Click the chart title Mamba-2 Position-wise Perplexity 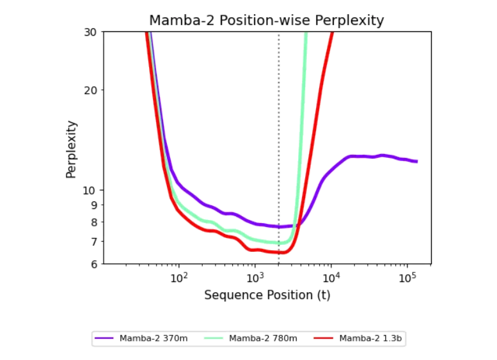pos(266,20)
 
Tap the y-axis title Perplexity pos(72,149)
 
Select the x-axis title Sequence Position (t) pos(267,295)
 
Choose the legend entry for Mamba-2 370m pos(141,338)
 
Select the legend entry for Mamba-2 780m pos(251,338)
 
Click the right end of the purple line pos(417,161)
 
